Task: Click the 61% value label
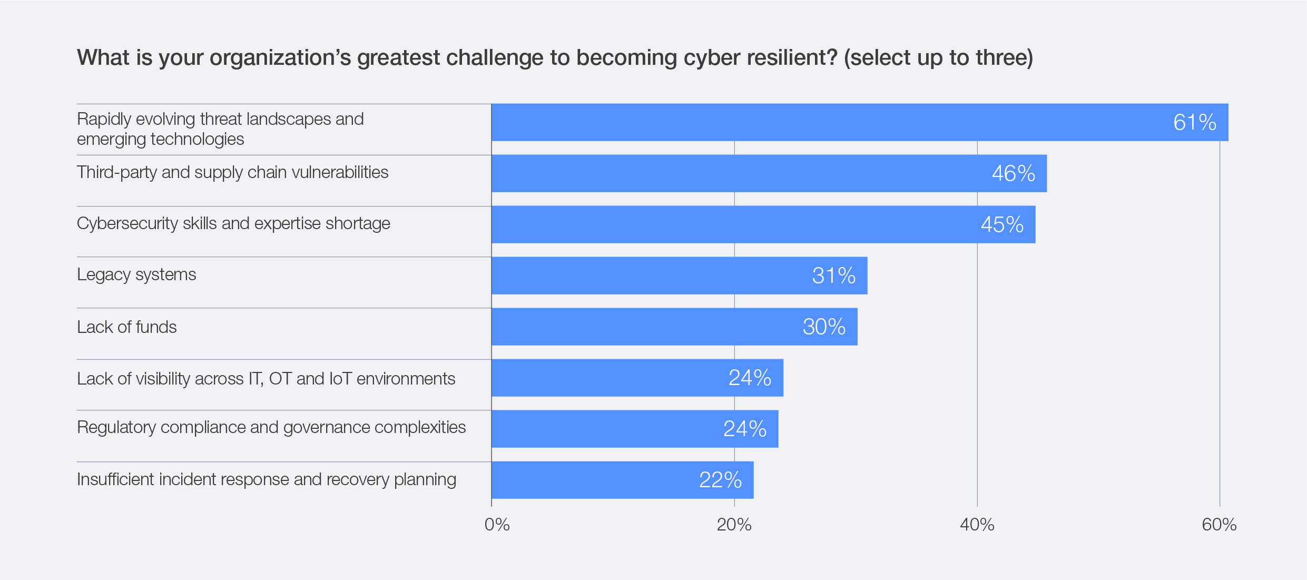[1195, 123]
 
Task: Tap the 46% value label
[1014, 174]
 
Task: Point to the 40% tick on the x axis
[977, 525]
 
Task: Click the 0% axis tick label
[497, 525]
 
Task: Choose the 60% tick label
[1219, 525]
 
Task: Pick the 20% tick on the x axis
[734, 525]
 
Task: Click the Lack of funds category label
[127, 327]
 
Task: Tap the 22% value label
[720, 480]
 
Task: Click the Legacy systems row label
[136, 274]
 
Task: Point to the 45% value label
[1002, 225]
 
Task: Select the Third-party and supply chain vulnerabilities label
[232, 172]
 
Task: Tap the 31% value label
[833, 276]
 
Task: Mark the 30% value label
[824, 327]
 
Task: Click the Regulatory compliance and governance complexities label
[271, 427]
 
